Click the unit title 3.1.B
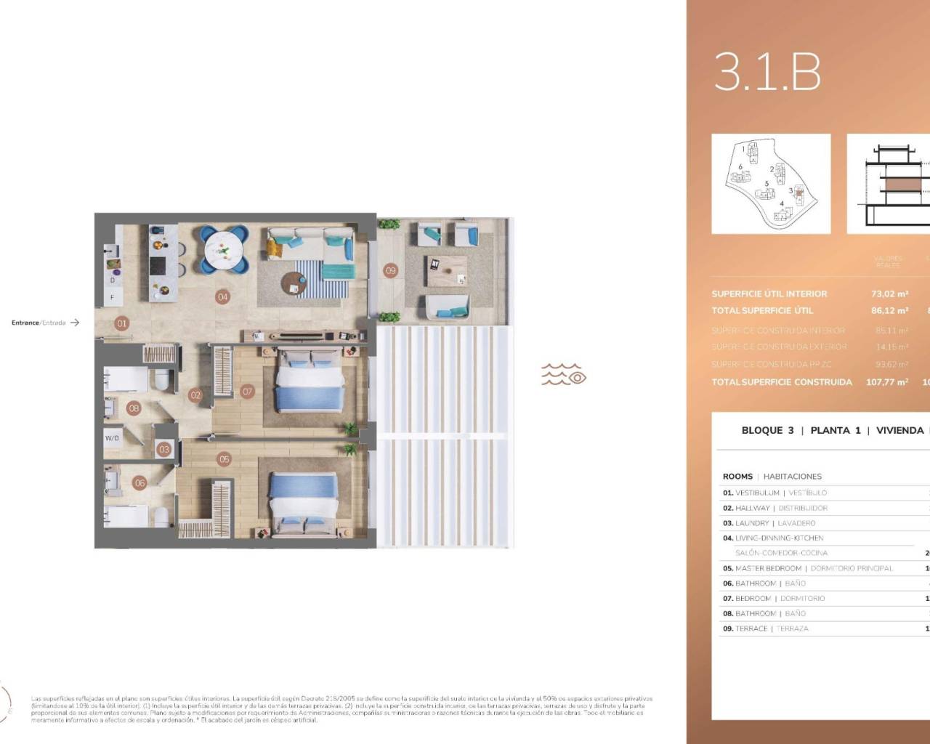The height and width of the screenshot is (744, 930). click(x=767, y=72)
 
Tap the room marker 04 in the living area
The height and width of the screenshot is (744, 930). click(x=222, y=296)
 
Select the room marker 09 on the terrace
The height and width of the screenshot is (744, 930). click(x=391, y=270)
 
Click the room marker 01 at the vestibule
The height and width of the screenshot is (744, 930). click(x=121, y=323)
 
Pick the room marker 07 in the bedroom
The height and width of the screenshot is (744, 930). click(x=247, y=392)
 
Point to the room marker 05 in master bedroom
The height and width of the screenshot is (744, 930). click(x=223, y=458)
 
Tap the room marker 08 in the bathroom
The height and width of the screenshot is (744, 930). click(x=134, y=408)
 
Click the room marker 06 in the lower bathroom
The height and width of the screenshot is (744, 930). click(x=139, y=482)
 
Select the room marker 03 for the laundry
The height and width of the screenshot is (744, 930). click(x=164, y=449)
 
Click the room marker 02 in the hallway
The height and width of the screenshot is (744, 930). click(x=195, y=395)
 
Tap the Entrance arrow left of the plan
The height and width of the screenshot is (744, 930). click(x=75, y=323)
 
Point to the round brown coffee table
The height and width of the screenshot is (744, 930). click(x=292, y=283)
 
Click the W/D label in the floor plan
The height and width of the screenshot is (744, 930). click(x=113, y=438)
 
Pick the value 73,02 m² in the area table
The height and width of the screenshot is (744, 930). click(x=889, y=294)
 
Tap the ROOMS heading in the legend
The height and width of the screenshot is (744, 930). click(x=737, y=477)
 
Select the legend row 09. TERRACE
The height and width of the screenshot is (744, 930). click(x=765, y=628)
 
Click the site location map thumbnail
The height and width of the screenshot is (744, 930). click(x=771, y=184)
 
